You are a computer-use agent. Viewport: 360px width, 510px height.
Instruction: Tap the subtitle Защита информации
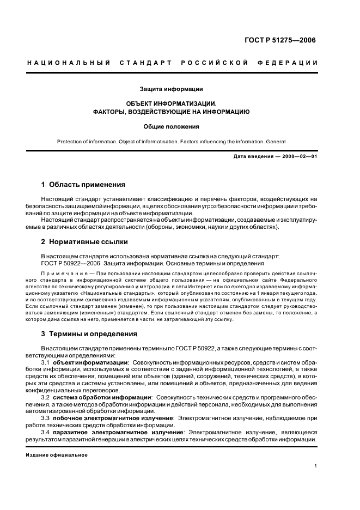click(x=171, y=88)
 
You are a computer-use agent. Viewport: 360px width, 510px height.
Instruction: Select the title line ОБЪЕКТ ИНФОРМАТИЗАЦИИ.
click(x=171, y=103)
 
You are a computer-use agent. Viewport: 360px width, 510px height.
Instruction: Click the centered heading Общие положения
click(x=171, y=126)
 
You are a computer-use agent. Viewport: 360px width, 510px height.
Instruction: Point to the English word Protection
click(x=70, y=142)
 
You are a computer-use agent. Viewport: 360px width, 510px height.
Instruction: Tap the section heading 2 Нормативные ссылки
click(x=84, y=241)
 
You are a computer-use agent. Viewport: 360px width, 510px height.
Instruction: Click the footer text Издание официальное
click(x=57, y=454)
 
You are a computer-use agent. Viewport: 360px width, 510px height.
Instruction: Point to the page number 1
click(x=315, y=466)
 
